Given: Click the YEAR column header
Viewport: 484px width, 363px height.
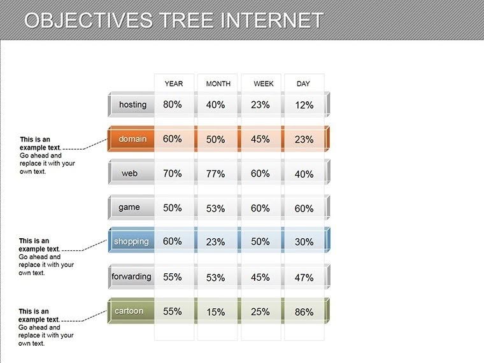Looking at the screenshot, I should (173, 83).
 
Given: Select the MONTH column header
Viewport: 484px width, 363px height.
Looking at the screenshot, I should (218, 83).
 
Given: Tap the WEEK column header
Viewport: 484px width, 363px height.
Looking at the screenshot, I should (263, 83).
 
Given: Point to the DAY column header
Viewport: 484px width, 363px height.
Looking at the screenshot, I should (303, 83).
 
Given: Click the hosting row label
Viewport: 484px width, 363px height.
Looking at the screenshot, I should (132, 104).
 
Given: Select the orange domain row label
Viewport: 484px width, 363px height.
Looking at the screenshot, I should (132, 139).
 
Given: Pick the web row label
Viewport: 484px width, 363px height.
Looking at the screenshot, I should (130, 173).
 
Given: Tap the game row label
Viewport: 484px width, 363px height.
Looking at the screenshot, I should (129, 208).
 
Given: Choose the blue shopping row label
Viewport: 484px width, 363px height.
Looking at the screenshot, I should (131, 241).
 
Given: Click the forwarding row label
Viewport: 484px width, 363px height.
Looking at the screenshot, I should (131, 276).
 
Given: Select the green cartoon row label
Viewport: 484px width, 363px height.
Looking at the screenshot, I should (129, 311).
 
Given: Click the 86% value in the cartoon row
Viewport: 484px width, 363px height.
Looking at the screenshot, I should (304, 312).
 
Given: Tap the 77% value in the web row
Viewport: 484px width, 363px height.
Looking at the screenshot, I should (216, 174).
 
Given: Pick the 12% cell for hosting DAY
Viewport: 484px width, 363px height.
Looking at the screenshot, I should (304, 105).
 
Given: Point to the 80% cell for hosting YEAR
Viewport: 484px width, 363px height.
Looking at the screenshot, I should (172, 104).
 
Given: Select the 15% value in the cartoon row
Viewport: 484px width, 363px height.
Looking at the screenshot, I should (216, 312).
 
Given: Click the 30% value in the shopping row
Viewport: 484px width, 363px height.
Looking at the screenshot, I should (304, 242).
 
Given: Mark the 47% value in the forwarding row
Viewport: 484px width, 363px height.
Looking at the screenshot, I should (304, 278).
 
